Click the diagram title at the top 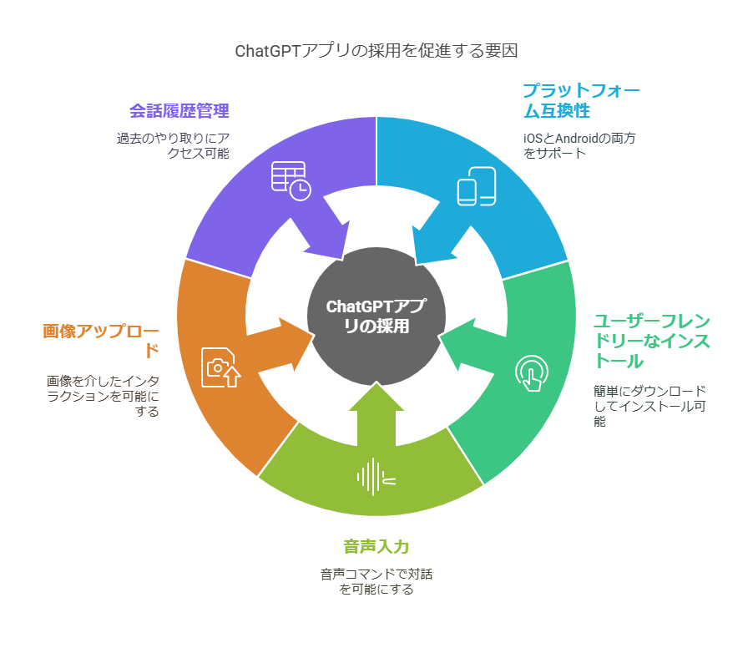376,51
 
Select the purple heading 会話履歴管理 179,110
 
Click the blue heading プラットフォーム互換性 581,100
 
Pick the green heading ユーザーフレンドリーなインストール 651,341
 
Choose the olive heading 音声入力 376,547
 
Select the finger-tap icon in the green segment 531,372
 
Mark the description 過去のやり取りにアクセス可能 173,145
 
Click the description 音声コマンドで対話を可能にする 376,581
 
